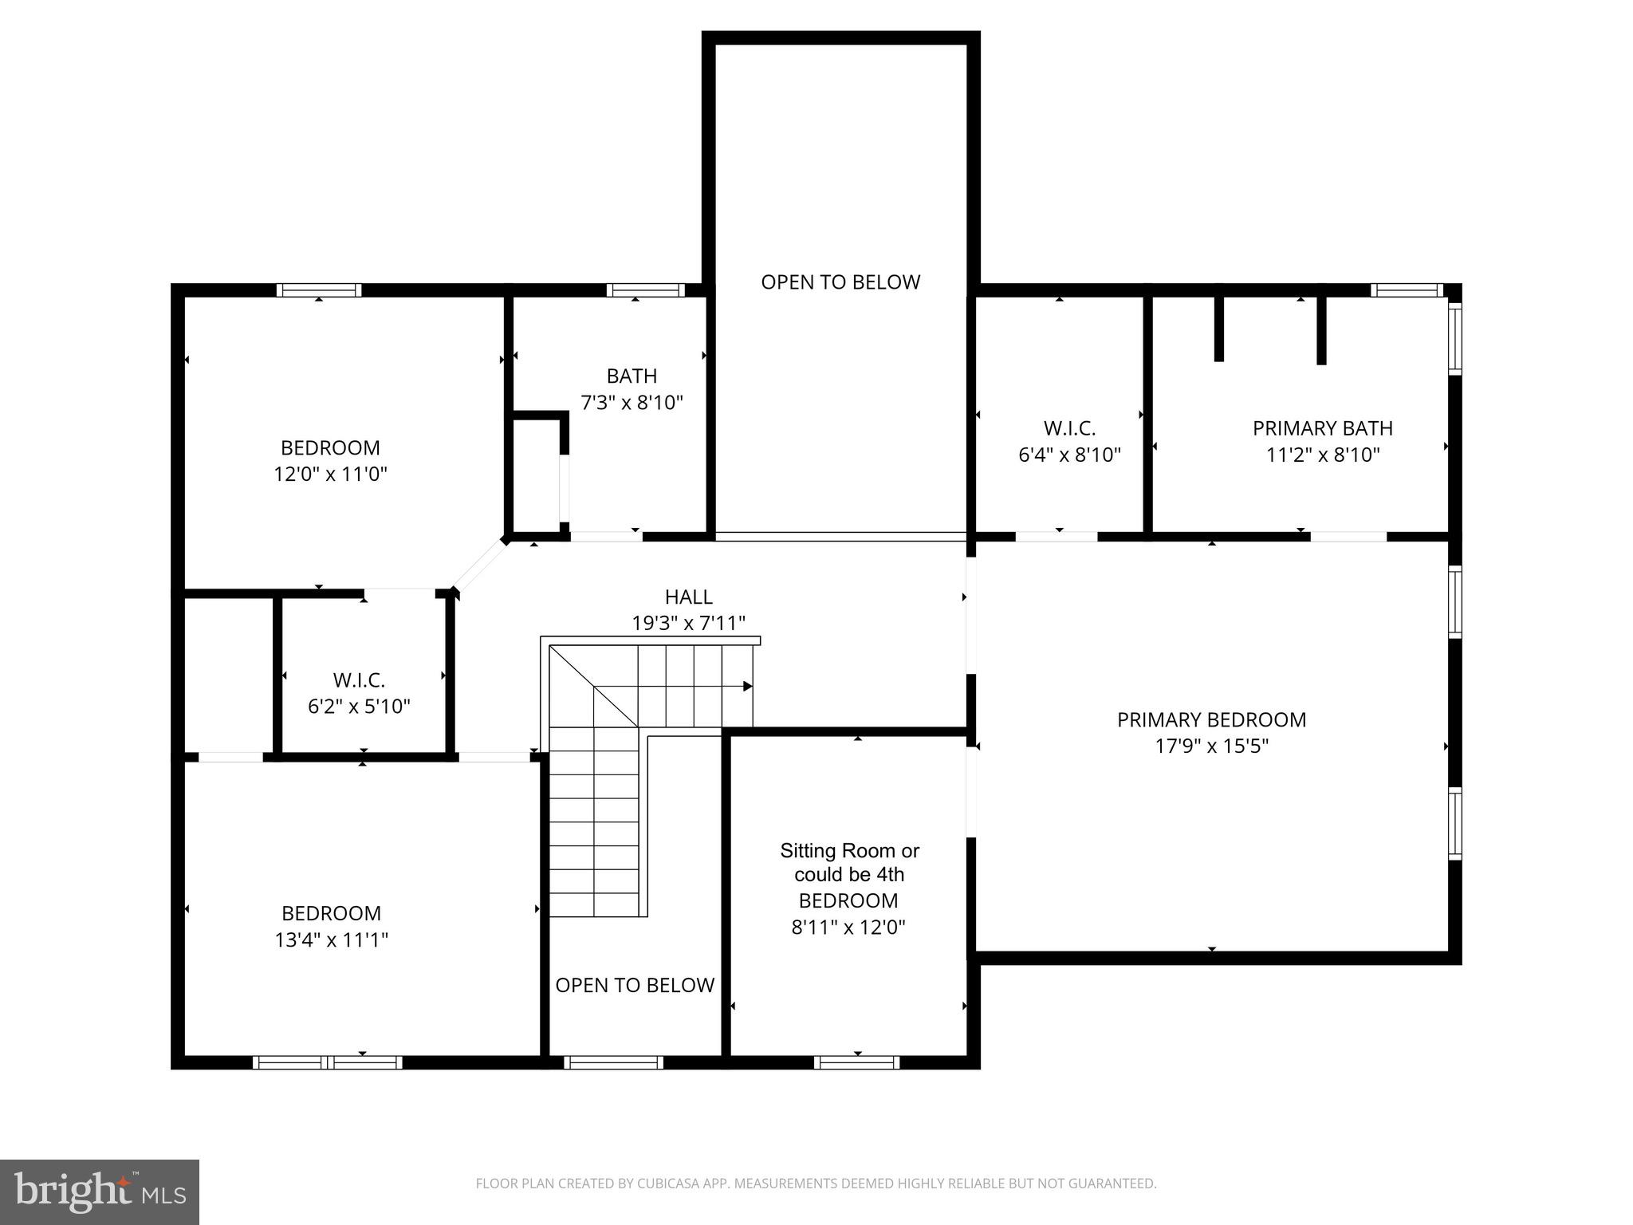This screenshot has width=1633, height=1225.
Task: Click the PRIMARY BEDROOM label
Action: tap(1211, 719)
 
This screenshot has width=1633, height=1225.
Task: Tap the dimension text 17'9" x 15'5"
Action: tap(1211, 746)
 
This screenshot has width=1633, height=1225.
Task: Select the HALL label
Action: tap(688, 597)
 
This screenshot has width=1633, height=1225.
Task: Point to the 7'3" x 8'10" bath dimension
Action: tap(632, 403)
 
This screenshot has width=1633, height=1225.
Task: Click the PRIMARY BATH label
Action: tap(1322, 428)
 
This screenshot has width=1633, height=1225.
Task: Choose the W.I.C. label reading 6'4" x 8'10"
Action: tap(1069, 428)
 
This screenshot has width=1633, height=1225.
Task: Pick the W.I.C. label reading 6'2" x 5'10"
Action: tap(359, 680)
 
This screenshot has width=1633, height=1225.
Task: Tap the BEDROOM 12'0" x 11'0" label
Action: tap(330, 447)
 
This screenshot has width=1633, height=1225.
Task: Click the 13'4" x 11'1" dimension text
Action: tap(331, 940)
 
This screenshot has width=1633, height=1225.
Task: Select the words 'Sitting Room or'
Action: tap(849, 851)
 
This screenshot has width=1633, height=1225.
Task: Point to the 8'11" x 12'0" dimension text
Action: tap(848, 928)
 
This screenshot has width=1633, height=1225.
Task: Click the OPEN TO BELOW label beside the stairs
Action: tap(635, 986)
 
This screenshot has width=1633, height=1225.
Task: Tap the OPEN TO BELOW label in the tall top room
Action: tap(840, 282)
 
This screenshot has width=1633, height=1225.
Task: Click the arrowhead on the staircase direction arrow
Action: tap(747, 686)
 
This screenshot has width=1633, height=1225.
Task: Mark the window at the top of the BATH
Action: tap(645, 290)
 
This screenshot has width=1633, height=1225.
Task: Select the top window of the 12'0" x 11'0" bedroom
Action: tap(319, 290)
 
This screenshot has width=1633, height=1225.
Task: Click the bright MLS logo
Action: tap(100, 1192)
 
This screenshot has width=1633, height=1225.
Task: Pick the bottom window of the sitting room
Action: tap(856, 1062)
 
